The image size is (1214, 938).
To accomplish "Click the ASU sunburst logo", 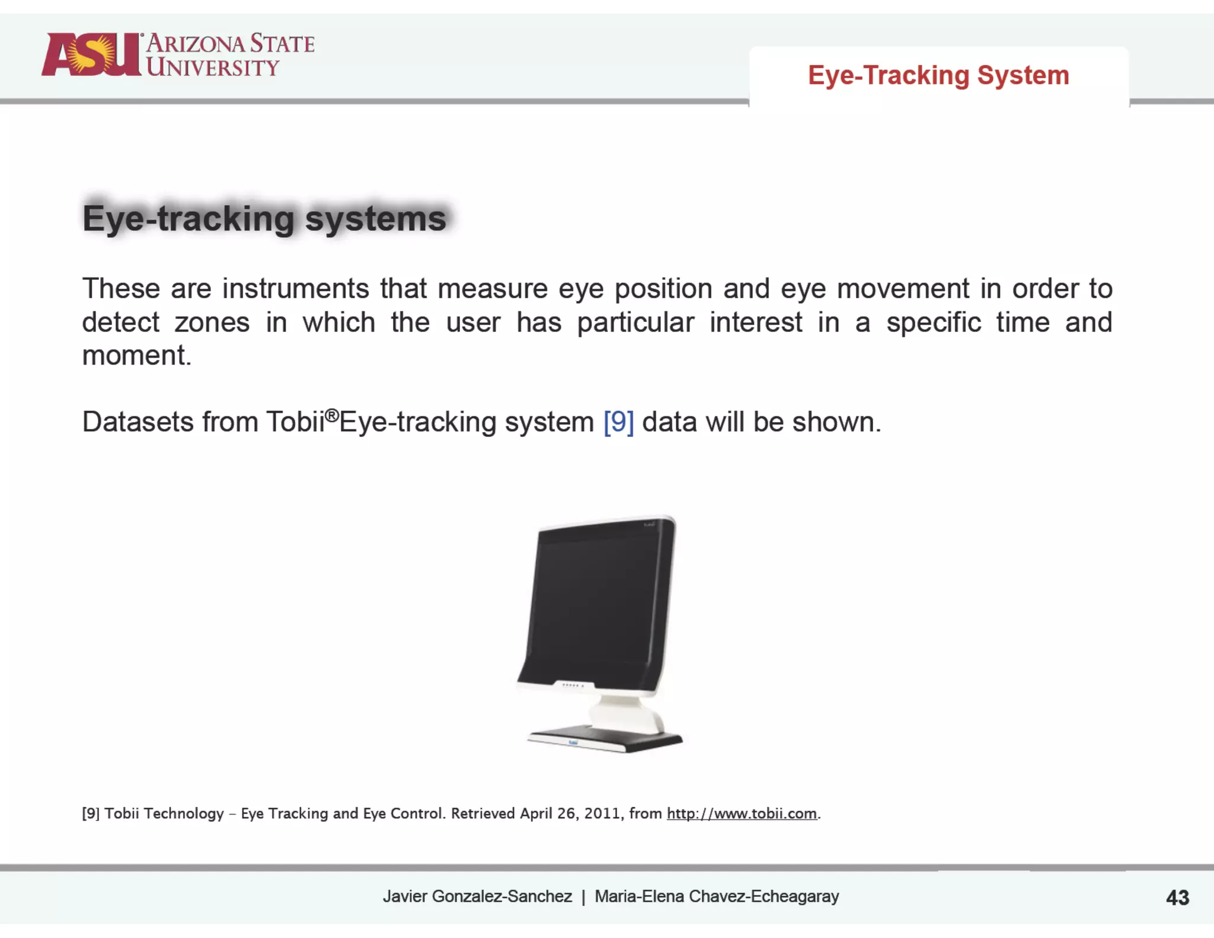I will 92,55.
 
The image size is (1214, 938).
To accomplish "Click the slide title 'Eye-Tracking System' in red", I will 938,75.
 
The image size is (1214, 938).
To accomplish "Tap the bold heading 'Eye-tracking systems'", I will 264,218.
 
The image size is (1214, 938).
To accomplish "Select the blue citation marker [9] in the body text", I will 618,422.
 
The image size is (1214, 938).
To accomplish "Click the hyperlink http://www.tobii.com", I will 742,813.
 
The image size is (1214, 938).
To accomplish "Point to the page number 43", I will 1177,898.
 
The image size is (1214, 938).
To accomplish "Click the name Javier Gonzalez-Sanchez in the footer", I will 477,896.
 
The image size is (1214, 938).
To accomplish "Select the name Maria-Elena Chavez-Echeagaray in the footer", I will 717,896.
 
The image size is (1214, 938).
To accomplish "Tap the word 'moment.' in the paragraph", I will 137,355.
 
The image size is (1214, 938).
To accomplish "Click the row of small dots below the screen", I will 573,685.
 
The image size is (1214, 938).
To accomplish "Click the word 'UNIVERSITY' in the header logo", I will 212,68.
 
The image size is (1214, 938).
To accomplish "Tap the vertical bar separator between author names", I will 583,897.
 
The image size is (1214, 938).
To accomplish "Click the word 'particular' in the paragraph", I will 635,323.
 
